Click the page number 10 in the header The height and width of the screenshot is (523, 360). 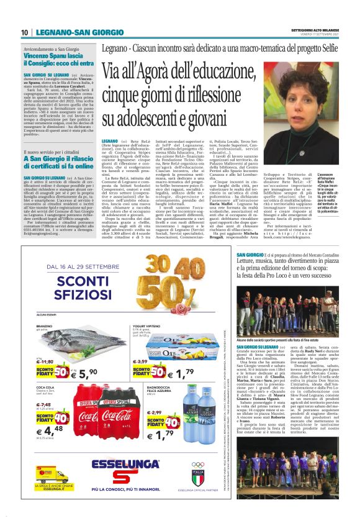25,32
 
